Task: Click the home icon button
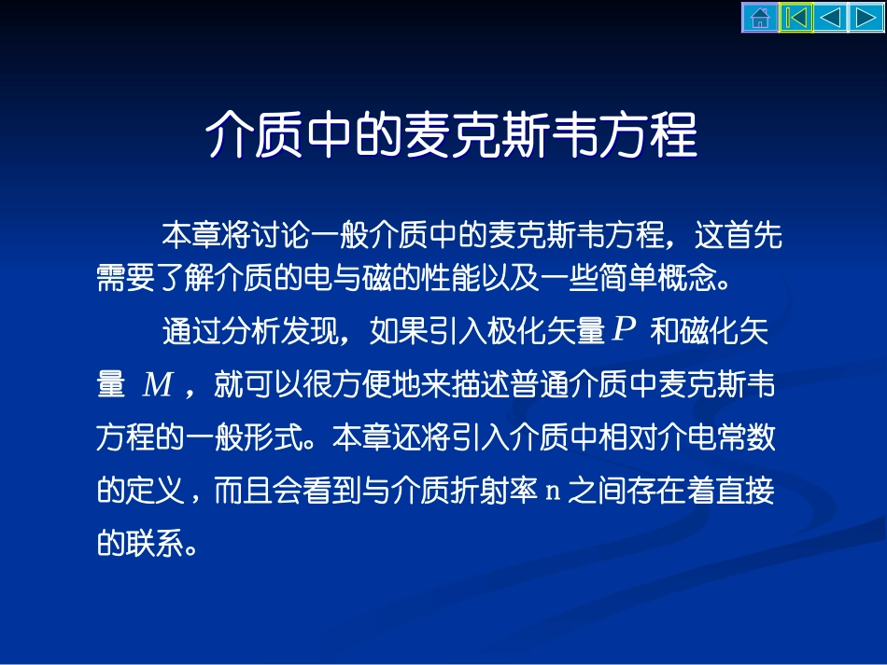pos(760,18)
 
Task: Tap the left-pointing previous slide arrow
pos(831,18)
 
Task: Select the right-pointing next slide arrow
pos(866,18)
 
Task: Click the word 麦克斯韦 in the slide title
pos(493,137)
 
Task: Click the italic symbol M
pos(157,385)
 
